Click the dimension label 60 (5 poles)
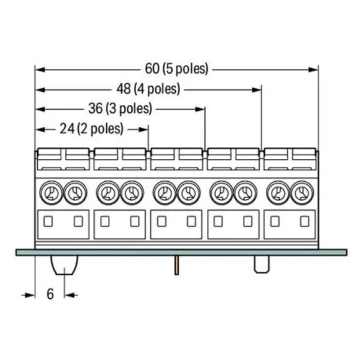pyautogui.click(x=176, y=68)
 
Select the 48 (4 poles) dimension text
pyautogui.click(x=148, y=89)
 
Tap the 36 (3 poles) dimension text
pyautogui.click(x=120, y=109)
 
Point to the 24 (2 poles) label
pyautogui.click(x=92, y=128)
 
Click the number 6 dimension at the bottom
pyautogui.click(x=50, y=294)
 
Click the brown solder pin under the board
pyautogui.click(x=176, y=265)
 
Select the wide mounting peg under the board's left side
pyautogui.click(x=65, y=265)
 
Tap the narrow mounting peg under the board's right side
pyautogui.click(x=262, y=264)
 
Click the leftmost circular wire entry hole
pyautogui.click(x=51, y=193)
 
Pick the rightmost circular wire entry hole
pyautogui.click(x=302, y=193)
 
